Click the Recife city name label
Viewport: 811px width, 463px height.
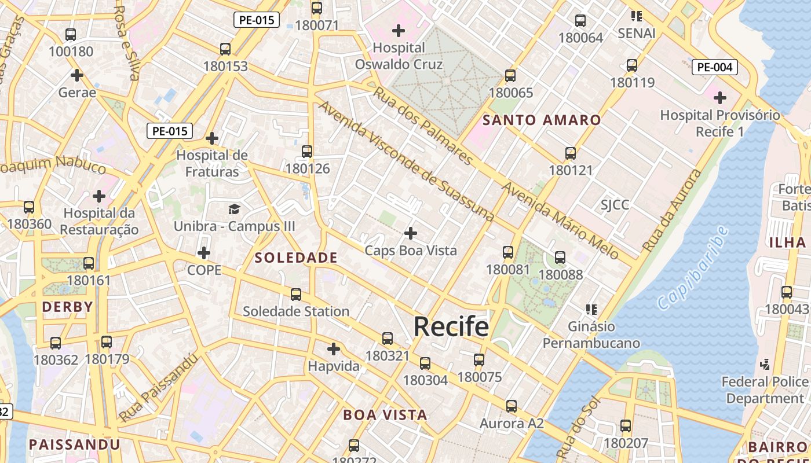pos(451,327)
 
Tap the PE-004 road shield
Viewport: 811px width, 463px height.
pos(714,67)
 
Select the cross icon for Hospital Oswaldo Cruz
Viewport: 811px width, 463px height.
pos(399,30)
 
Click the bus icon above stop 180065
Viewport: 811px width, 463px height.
pos(510,76)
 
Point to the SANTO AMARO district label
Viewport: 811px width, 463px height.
pos(542,120)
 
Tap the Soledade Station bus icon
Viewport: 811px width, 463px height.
pos(296,295)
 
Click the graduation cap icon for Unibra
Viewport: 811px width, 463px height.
pos(234,209)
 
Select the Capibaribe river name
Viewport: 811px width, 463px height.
pos(692,267)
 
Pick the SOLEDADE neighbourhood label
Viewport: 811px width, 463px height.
pos(296,258)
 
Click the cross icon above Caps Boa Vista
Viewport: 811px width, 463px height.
pos(411,233)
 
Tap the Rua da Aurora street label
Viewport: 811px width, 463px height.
pos(672,211)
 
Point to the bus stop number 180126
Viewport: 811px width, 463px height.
pos(308,169)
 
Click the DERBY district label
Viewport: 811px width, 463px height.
pos(68,307)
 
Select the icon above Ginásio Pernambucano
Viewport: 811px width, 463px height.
pos(591,310)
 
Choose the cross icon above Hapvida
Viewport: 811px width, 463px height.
pos(334,349)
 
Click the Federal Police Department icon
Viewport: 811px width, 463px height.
pos(765,365)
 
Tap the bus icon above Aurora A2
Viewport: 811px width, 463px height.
pos(511,406)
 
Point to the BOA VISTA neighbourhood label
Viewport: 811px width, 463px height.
pos(385,415)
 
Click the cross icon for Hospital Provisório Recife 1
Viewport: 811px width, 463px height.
pos(720,98)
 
